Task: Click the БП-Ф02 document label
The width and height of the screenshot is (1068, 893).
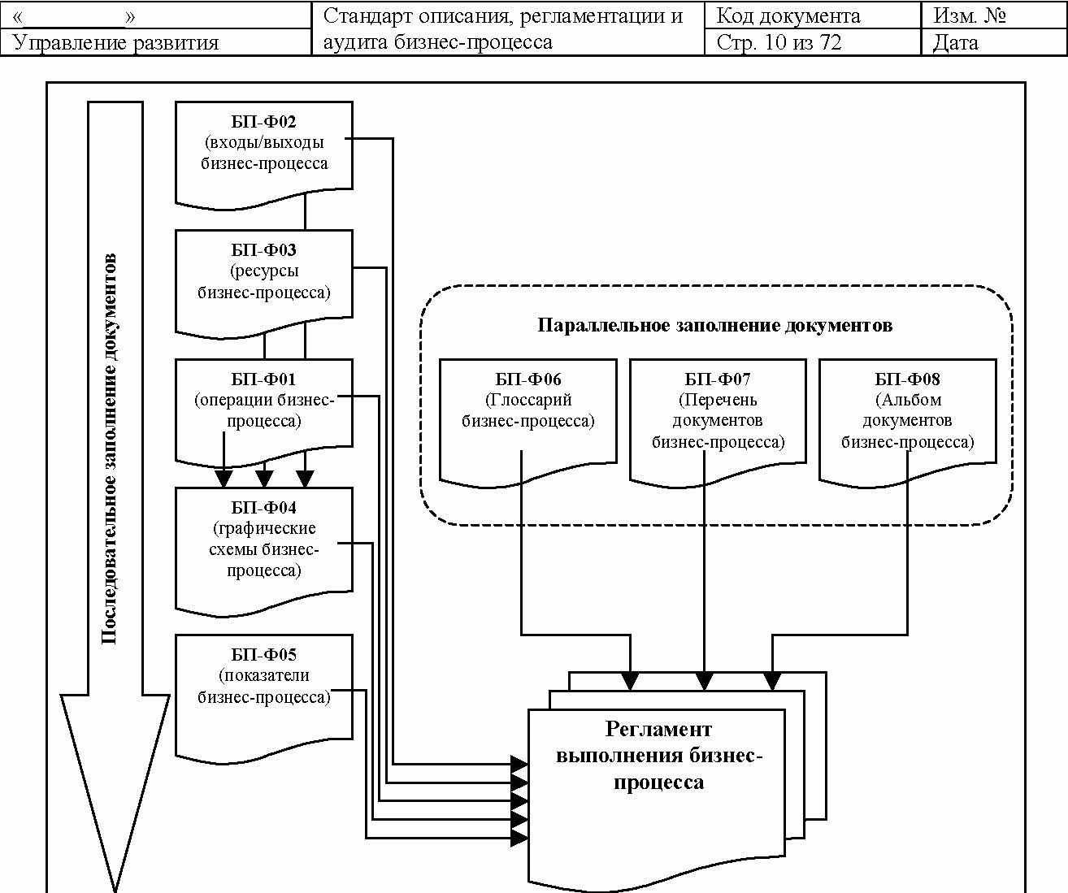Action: click(x=263, y=122)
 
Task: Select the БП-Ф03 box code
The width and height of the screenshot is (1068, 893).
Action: click(x=263, y=250)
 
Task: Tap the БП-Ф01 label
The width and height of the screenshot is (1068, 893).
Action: click(x=263, y=379)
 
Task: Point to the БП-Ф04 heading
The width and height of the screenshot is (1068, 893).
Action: click(x=263, y=507)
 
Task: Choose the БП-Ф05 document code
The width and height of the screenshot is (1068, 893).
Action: click(x=263, y=655)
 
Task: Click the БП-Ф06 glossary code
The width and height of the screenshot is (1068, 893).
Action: click(x=527, y=379)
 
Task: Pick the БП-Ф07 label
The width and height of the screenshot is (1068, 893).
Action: click(x=718, y=379)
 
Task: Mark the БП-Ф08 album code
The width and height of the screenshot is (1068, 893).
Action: click(x=907, y=379)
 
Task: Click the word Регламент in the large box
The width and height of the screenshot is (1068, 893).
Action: click(x=658, y=730)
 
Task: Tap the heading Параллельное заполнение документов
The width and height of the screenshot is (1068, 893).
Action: click(x=715, y=325)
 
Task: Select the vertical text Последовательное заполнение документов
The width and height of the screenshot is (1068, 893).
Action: click(x=108, y=449)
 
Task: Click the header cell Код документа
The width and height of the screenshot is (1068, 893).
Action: click(x=788, y=16)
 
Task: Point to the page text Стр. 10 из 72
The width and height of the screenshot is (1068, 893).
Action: click(x=779, y=42)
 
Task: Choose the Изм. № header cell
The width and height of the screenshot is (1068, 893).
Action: click(x=970, y=16)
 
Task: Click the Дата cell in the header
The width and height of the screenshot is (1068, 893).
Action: click(x=955, y=42)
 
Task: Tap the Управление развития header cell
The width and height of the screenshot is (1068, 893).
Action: click(x=116, y=43)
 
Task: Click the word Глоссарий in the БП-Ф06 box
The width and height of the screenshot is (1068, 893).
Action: click(x=528, y=400)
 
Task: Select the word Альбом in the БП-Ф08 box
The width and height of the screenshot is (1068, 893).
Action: click(x=908, y=400)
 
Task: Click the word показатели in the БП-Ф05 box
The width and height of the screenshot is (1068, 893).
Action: click(x=264, y=675)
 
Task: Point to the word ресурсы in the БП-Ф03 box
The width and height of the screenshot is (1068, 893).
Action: click(x=264, y=271)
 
